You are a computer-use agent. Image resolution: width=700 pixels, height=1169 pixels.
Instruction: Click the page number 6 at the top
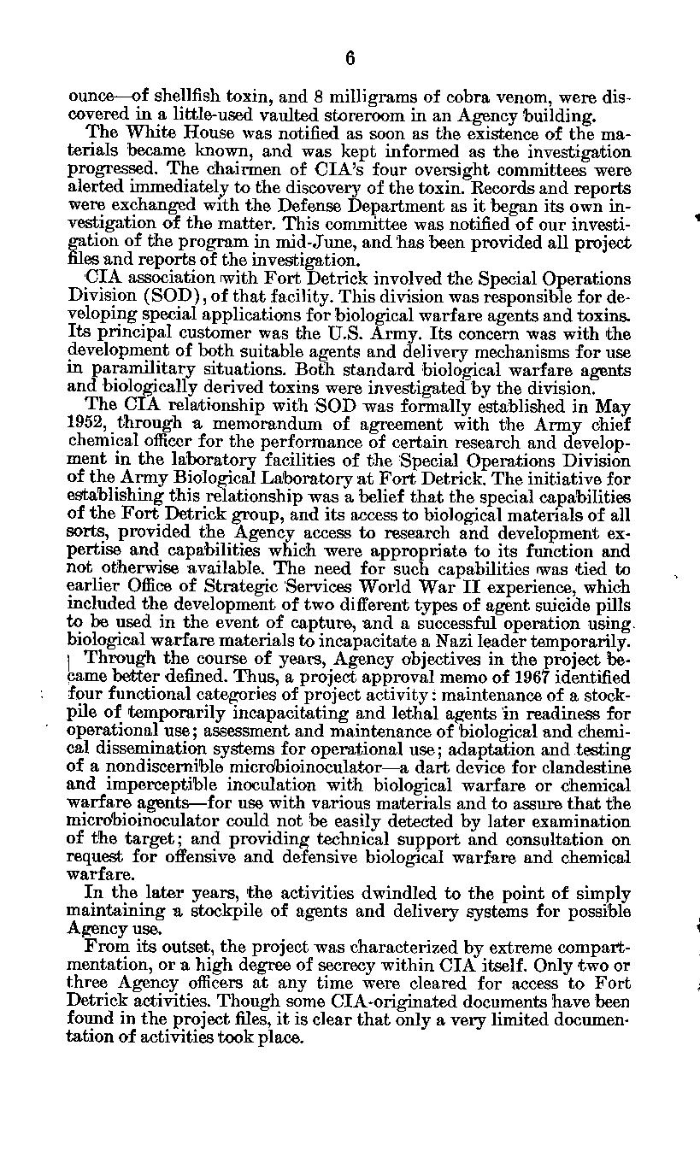[350, 58]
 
